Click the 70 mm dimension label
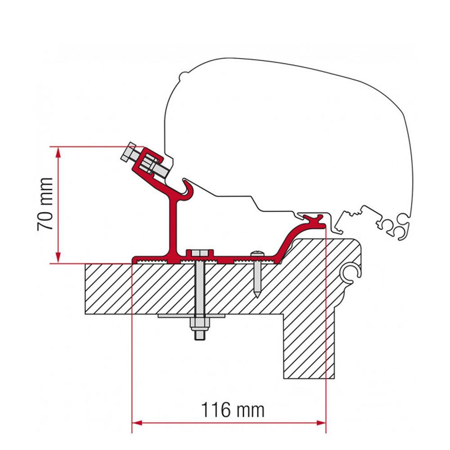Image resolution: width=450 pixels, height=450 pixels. [45, 204]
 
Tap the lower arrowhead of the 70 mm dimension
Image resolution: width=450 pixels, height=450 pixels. [58, 258]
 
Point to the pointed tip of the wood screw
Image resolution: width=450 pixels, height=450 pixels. [256, 295]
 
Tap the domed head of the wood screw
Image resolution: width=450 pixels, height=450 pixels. [256, 254]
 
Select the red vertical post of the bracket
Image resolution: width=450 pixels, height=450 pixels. [173, 225]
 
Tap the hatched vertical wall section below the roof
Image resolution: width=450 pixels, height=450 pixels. [309, 342]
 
